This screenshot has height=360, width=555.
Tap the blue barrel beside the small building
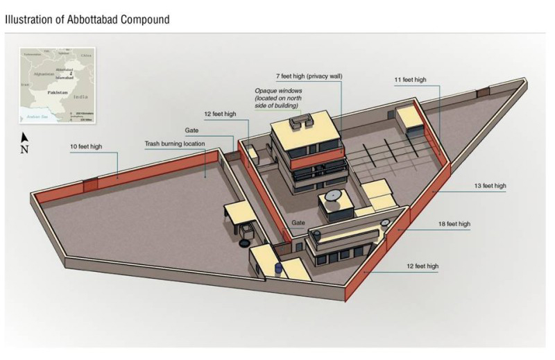point(280,268)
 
